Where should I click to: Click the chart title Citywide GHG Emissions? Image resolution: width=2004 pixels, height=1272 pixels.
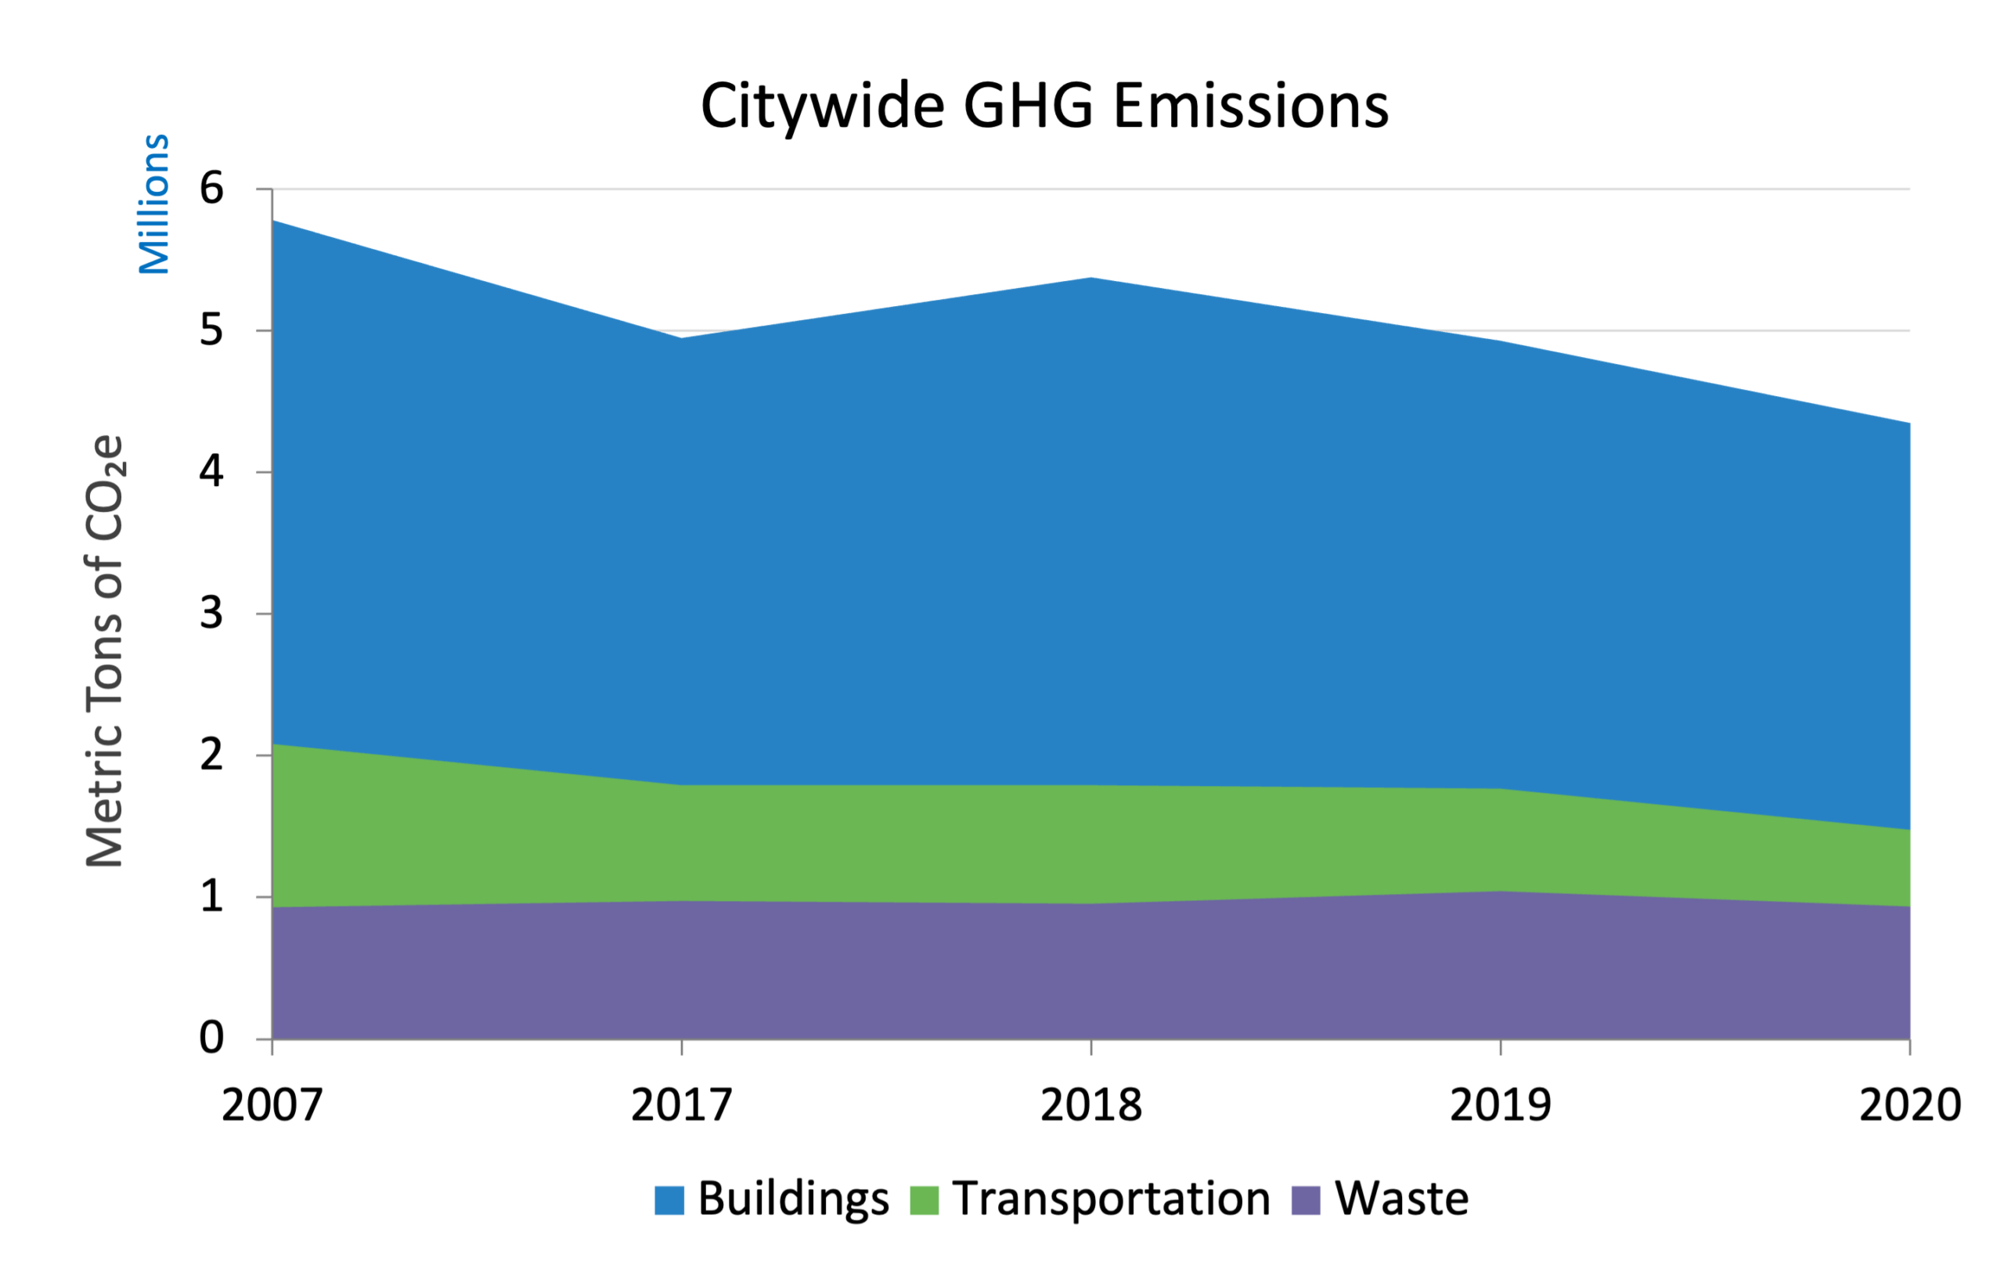click(1044, 106)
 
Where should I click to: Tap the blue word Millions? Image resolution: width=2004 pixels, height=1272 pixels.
click(154, 204)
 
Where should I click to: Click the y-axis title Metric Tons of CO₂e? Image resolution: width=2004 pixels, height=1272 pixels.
click(106, 650)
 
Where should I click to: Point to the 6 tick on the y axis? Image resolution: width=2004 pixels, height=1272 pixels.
click(211, 188)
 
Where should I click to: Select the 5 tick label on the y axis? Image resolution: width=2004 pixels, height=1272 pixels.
click(211, 330)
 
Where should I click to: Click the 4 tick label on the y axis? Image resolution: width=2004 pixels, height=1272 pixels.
click(211, 472)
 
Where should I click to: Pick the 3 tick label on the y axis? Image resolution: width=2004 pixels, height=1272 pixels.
click(211, 613)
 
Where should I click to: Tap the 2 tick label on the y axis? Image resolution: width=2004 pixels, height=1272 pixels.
click(211, 755)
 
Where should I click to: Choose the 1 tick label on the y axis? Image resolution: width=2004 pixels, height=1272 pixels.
click(211, 897)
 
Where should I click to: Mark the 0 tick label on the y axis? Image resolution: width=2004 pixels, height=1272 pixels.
click(211, 1038)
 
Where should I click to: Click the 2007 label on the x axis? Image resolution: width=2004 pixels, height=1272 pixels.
click(272, 1105)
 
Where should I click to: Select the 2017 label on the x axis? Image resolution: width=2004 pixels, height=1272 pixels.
click(682, 1105)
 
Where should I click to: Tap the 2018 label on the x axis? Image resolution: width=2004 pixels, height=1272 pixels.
click(1091, 1105)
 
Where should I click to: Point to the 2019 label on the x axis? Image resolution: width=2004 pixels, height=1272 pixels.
click(1501, 1105)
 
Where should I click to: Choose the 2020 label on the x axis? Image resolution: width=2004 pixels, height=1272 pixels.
click(1910, 1105)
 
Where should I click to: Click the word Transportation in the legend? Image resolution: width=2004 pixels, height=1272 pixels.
click(1111, 1198)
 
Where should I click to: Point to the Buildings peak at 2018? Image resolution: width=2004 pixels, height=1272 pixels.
click(1091, 279)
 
